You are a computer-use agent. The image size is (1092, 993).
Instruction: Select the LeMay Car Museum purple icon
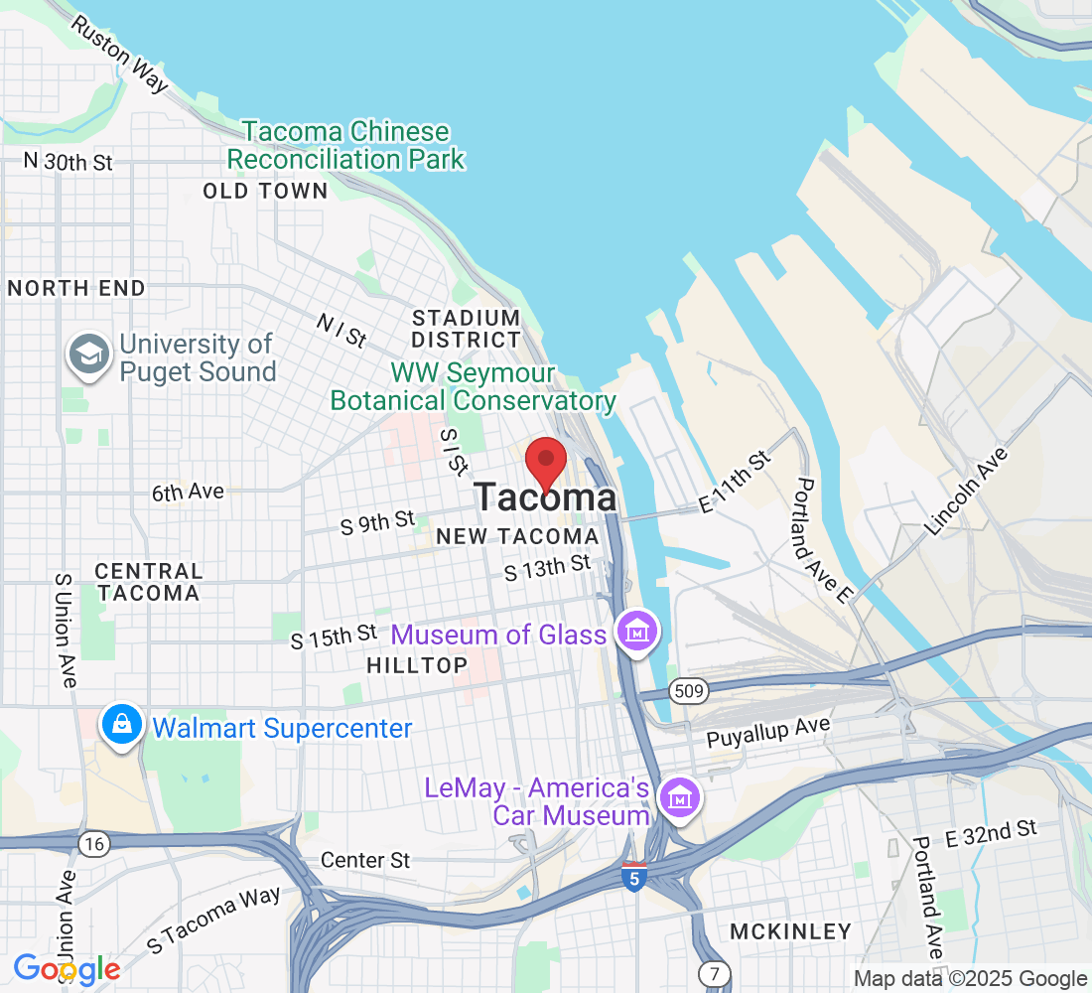tap(680, 796)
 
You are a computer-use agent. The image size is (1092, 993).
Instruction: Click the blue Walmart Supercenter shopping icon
tap(120, 726)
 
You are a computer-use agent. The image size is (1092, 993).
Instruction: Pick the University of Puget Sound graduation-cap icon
tap(89, 354)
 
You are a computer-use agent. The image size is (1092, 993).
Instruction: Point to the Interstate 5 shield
tap(633, 876)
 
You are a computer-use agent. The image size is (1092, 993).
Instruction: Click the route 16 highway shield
tap(94, 844)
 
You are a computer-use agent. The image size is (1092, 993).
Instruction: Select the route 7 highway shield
tap(712, 971)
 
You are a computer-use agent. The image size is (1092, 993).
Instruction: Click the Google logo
tap(67, 968)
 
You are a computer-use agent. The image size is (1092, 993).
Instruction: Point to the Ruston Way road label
tap(120, 54)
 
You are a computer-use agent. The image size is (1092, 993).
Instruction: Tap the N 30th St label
tap(68, 162)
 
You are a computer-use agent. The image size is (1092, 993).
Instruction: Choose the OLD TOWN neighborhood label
tap(265, 191)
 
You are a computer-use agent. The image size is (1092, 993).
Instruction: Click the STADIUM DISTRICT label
tap(466, 329)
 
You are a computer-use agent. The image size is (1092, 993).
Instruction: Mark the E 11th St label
tap(735, 483)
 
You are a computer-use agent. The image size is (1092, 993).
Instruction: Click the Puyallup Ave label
tap(767, 733)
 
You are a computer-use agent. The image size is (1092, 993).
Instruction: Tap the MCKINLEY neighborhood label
tap(790, 931)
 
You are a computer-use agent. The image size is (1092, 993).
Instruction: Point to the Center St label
tap(365, 860)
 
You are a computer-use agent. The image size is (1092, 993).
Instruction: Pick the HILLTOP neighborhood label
tap(417, 665)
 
